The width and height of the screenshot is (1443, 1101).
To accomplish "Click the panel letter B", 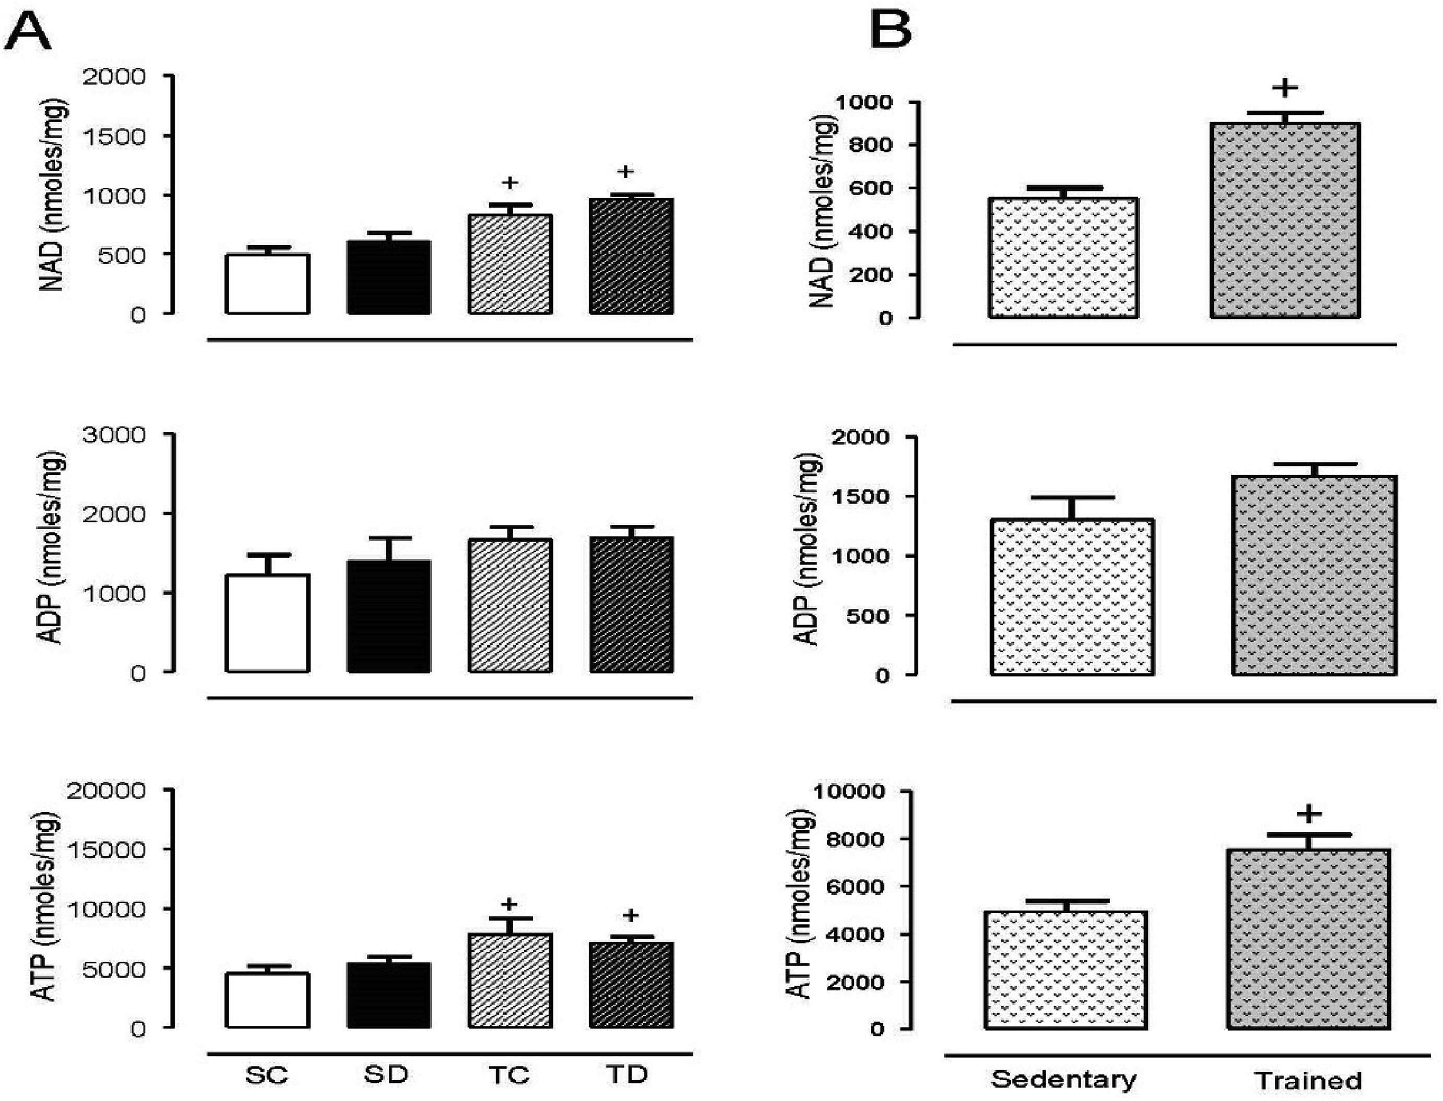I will coord(890,30).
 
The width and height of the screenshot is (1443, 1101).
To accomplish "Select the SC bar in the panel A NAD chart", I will coord(267,284).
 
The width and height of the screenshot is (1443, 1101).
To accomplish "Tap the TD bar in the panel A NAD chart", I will coord(631,256).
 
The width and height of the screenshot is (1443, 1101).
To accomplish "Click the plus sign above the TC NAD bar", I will coord(510,182).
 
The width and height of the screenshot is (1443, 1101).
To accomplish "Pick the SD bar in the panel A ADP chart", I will coord(389,616).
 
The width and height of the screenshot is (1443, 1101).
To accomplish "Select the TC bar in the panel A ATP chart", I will coord(510,980).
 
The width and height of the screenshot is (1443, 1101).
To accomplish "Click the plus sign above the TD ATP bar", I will coord(630,915).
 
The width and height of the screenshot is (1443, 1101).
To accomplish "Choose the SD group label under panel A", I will coord(386,1075).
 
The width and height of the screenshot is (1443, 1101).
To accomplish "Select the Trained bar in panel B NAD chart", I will coord(1285,221).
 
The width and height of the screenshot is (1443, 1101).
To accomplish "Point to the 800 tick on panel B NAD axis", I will coord(872,145).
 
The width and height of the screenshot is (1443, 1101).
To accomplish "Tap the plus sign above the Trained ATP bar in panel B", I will coord(1309,815).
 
